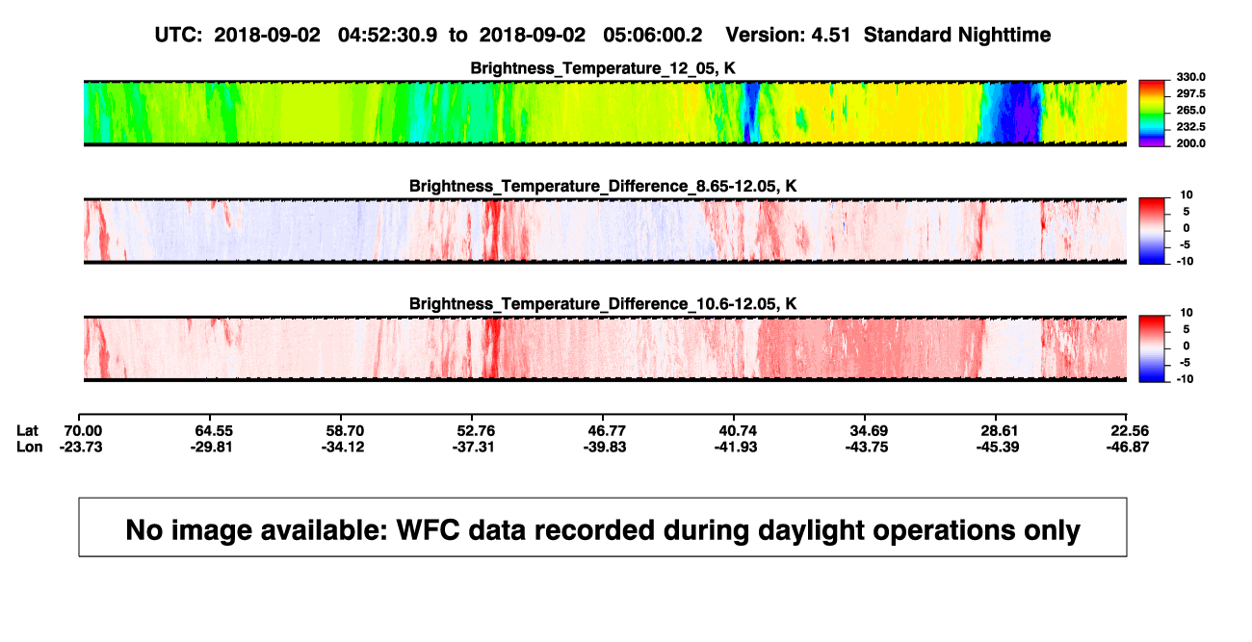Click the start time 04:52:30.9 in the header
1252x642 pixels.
[387, 36]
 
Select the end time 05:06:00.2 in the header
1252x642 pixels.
[652, 36]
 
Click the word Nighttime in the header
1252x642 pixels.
[1004, 36]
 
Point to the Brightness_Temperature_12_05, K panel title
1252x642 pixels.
[603, 68]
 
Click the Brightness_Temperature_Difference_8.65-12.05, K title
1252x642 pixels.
[603, 186]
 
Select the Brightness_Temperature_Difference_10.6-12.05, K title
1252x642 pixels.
[603, 304]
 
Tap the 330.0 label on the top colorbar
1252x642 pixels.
[1190, 77]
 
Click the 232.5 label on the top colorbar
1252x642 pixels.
[1190, 127]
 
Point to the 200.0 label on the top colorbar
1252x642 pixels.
[1190, 143]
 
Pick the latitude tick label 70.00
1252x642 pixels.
[83, 431]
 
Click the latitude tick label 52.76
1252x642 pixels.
[476, 431]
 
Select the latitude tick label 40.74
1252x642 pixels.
[738, 431]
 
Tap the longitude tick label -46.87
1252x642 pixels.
[1128, 447]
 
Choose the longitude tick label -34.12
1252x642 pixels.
[343, 447]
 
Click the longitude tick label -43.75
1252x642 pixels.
[867, 447]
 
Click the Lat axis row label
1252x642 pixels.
[27, 431]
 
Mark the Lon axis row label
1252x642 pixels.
[30, 447]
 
